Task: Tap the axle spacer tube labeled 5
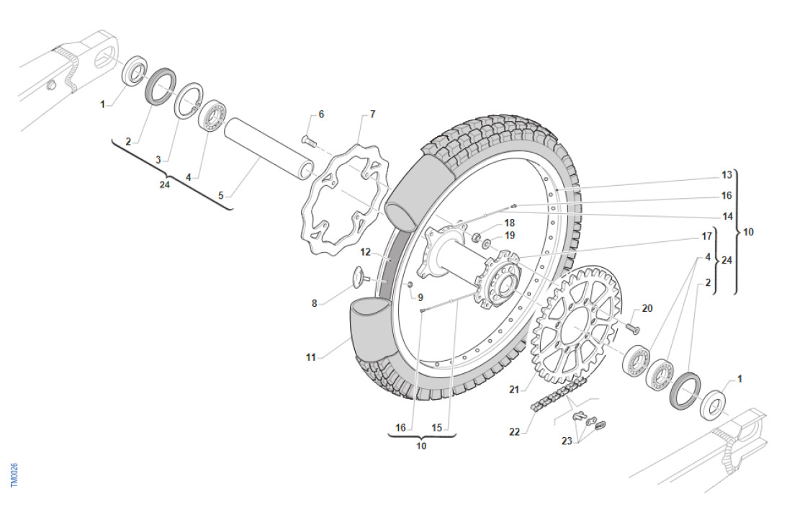pyautogui.click(x=270, y=151)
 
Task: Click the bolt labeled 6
pyautogui.click(x=308, y=140)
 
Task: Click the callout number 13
pyautogui.click(x=726, y=174)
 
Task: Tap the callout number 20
pyautogui.click(x=647, y=308)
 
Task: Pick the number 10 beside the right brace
pyautogui.click(x=749, y=232)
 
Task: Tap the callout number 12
pyautogui.click(x=366, y=252)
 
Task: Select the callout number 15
pyautogui.click(x=437, y=427)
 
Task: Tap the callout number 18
pyautogui.click(x=509, y=223)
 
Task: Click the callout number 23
pyautogui.click(x=567, y=441)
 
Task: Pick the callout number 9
pyautogui.click(x=420, y=297)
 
